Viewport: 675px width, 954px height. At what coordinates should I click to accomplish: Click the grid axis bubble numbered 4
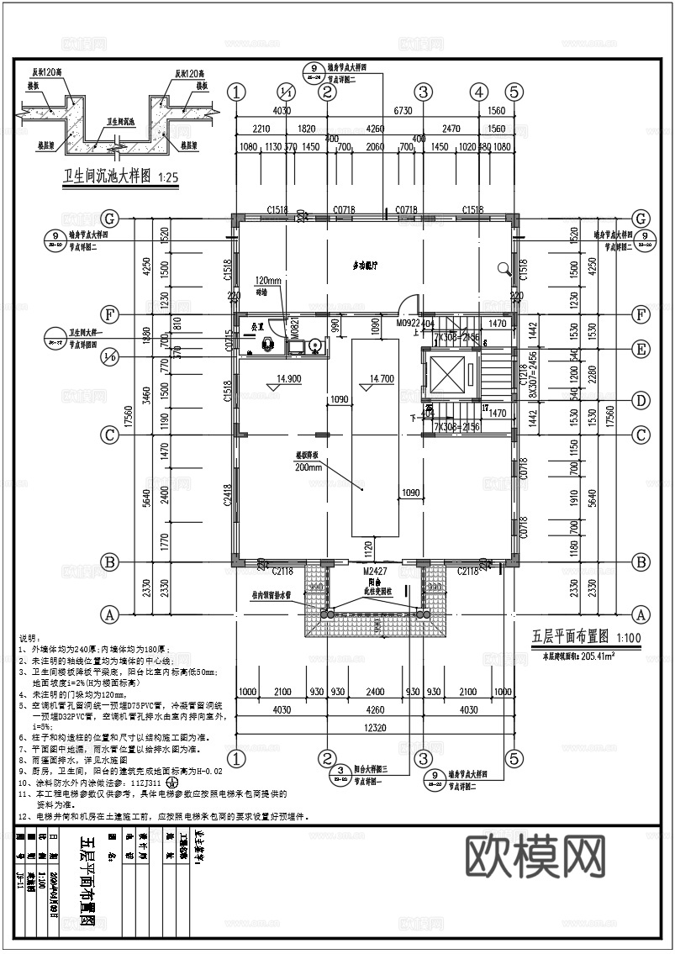point(479,92)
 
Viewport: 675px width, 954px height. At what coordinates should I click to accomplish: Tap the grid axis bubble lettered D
point(641,400)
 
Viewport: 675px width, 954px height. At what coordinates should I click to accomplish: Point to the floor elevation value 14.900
point(284,379)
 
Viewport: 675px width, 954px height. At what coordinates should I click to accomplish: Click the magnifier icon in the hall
point(505,269)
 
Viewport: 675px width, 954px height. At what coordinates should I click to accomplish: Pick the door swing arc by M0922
point(409,302)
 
